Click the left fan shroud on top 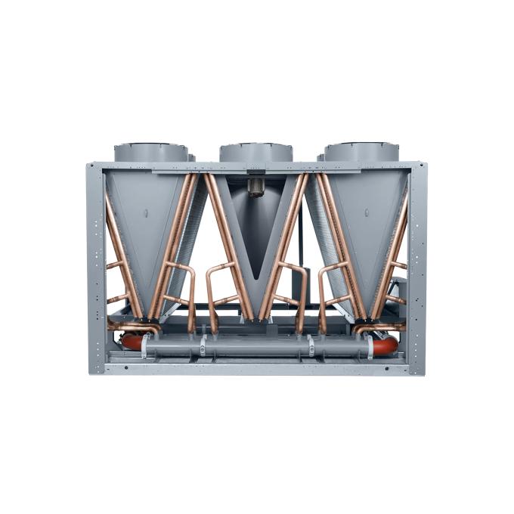(151, 151)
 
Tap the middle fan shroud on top (256, 151)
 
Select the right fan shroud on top (362, 151)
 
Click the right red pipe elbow (385, 345)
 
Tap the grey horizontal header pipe (257, 348)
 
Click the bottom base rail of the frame (256, 368)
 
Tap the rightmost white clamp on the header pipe (370, 347)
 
